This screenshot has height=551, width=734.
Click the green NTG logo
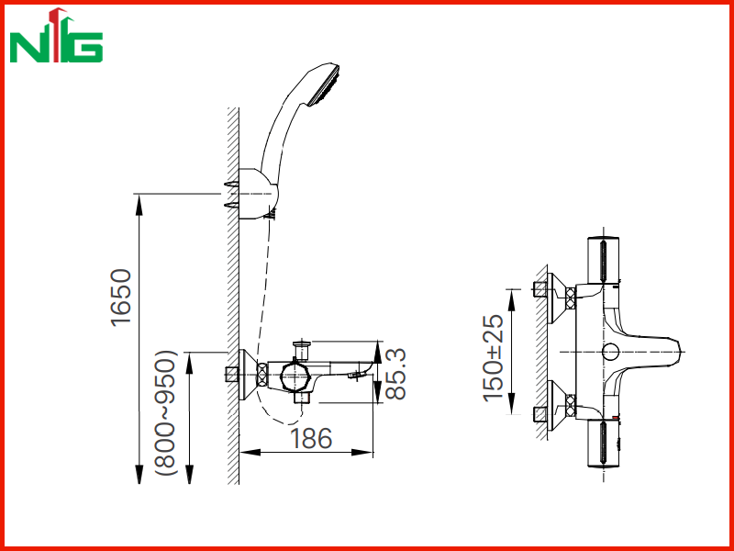(56, 36)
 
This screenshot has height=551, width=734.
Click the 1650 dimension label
(121, 297)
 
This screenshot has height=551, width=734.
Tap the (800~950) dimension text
(166, 412)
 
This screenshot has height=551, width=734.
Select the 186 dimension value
(311, 439)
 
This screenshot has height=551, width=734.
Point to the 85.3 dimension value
(395, 374)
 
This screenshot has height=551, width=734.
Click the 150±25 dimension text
(494, 358)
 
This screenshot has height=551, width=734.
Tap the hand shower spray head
(323, 85)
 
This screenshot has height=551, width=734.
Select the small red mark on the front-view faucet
(616, 417)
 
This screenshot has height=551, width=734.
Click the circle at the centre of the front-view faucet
(610, 352)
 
